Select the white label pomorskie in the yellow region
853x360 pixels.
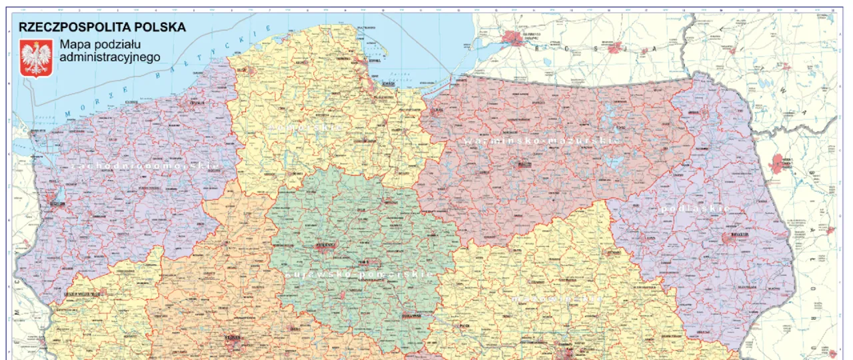[306, 126]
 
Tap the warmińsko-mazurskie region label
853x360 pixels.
[542, 141]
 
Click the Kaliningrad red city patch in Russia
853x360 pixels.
[516, 39]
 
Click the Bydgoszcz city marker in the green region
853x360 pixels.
[325, 246]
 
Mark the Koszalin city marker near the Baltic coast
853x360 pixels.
[196, 103]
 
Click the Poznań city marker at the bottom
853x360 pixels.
[233, 345]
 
